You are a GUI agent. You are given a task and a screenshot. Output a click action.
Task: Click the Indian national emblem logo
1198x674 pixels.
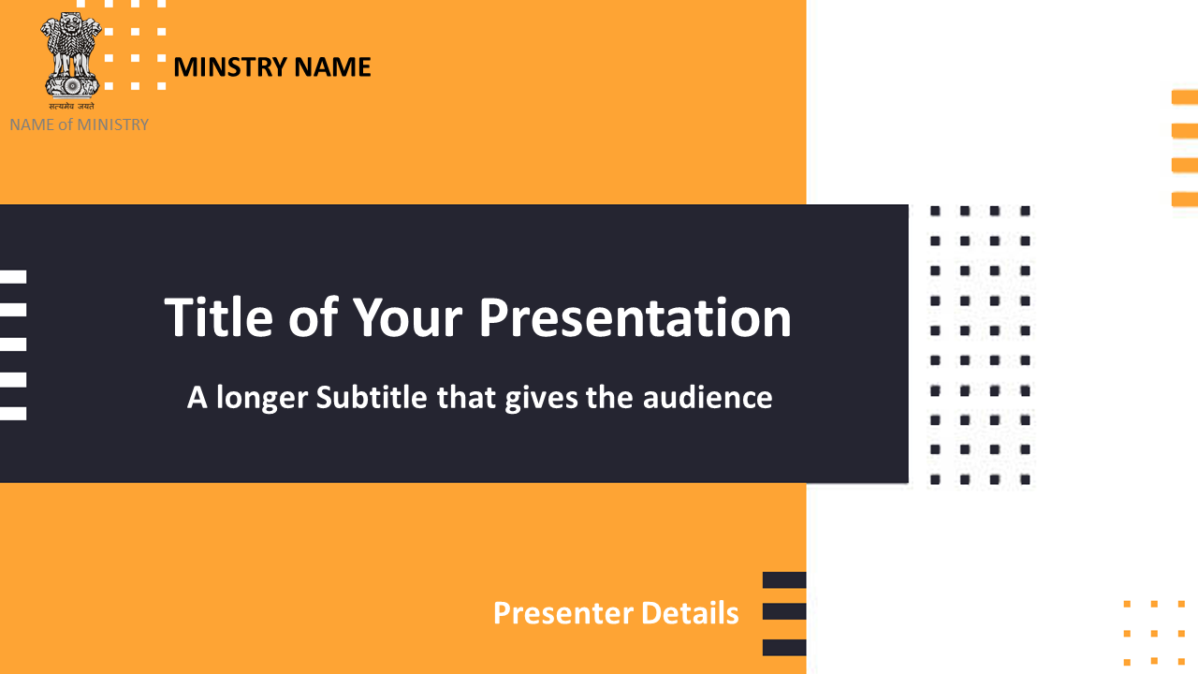71,55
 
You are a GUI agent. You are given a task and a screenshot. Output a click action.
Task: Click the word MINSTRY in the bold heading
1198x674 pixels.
230,67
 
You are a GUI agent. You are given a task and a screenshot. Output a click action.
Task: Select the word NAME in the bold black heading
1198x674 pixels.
332,67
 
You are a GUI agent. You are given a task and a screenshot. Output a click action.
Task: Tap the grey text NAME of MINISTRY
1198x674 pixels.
80,125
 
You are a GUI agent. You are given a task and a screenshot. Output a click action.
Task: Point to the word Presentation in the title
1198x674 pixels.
635,317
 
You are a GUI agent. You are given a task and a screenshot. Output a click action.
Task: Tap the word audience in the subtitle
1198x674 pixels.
708,397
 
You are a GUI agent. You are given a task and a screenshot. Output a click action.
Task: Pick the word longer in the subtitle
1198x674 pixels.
262,399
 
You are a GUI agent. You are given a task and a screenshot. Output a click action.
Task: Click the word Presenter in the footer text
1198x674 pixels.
562,613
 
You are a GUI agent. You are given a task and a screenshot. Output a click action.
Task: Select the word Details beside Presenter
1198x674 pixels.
690,613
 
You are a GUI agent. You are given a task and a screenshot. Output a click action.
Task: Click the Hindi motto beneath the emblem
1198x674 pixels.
71,107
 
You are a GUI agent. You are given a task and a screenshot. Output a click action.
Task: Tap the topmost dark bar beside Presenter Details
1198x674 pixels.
784,579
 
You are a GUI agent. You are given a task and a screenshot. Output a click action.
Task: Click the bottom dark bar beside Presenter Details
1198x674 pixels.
784,647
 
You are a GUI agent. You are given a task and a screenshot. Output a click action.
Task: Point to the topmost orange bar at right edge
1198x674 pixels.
1185,97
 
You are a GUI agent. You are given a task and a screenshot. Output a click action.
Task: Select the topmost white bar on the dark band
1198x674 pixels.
13,276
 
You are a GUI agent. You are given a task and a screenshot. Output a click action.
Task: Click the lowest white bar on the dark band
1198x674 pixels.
13,414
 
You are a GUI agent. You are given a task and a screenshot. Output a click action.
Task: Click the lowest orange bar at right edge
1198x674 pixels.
1185,199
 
